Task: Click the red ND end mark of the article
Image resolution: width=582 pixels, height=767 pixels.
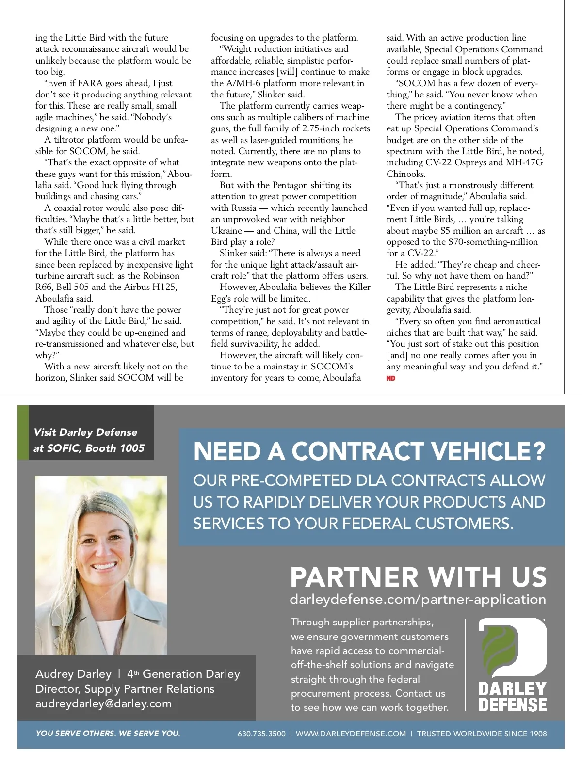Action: pyautogui.click(x=391, y=378)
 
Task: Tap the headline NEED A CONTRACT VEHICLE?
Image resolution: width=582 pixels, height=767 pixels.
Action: pyautogui.click(x=370, y=451)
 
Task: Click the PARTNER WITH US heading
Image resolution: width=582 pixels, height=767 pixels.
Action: pyautogui.click(x=418, y=577)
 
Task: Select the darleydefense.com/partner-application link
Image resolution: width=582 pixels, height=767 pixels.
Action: pyautogui.click(x=418, y=599)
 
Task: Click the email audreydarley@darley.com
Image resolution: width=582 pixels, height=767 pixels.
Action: pyautogui.click(x=103, y=703)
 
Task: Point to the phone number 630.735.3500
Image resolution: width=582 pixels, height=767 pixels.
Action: pyautogui.click(x=261, y=734)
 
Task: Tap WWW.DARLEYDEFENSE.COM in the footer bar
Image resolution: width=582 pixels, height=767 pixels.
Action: pyautogui.click(x=351, y=734)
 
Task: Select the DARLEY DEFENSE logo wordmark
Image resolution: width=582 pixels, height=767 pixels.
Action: pyautogui.click(x=512, y=697)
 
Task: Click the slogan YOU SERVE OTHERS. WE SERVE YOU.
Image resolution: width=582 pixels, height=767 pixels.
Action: pyautogui.click(x=108, y=733)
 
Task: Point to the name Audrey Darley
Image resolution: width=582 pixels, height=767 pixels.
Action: pyautogui.click(x=73, y=674)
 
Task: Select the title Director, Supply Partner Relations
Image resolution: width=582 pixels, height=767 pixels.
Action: pyautogui.click(x=125, y=689)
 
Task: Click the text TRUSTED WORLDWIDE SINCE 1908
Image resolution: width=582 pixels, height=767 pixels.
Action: pyautogui.click(x=482, y=734)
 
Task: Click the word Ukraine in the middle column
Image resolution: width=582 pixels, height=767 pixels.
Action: pyautogui.click(x=226, y=231)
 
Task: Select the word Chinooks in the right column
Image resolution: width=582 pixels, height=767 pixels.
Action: pyautogui.click(x=406, y=174)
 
